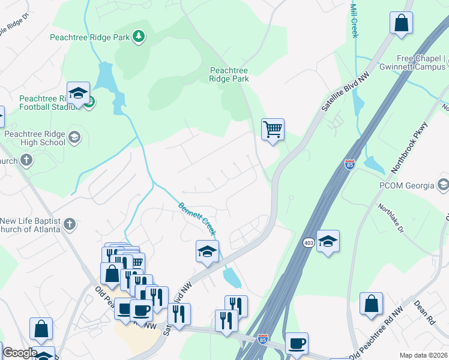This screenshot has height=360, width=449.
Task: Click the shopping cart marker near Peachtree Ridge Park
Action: pyautogui.click(x=273, y=129)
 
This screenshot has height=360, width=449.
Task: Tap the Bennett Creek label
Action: pyautogui.click(x=196, y=219)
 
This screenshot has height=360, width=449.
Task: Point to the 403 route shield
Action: pyautogui.click(x=309, y=242)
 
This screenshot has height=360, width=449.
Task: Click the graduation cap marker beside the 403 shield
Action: pyautogui.click(x=328, y=241)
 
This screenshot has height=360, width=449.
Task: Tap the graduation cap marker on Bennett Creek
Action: pyautogui.click(x=207, y=251)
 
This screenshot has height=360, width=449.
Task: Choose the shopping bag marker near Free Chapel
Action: pyautogui.click(x=401, y=23)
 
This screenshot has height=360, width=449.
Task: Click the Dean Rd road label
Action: pyautogui.click(x=424, y=313)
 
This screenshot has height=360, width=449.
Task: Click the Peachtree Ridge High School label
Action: pyautogui.click(x=34, y=138)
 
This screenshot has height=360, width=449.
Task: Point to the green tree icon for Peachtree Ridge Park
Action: pyautogui.click(x=139, y=37)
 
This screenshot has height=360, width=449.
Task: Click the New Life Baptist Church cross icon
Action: pyautogui.click(x=70, y=225)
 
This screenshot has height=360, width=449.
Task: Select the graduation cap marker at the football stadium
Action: pyautogui.click(x=78, y=93)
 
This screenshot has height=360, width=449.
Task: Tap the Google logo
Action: pyautogui.click(x=20, y=353)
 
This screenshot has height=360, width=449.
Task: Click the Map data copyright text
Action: pyautogui.click(x=423, y=355)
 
